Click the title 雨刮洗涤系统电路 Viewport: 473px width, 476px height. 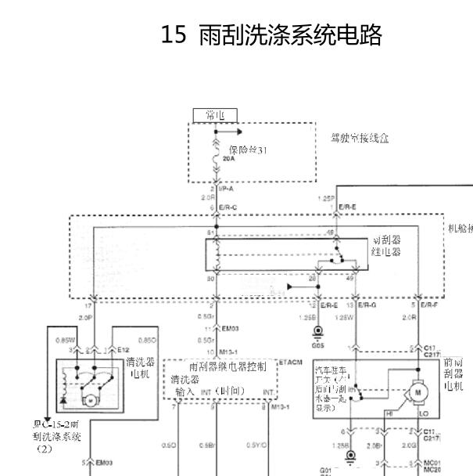click(290, 35)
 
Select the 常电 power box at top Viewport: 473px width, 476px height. click(215, 116)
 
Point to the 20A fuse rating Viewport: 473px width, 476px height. click(228, 158)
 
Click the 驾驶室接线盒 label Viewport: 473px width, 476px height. click(360, 138)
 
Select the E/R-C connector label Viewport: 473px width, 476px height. click(228, 207)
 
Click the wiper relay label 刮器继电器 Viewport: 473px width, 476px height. click(386, 247)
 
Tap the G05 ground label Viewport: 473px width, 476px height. click(317, 344)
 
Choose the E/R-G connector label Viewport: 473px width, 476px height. click(367, 305)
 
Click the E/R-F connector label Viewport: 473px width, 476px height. click(429, 305)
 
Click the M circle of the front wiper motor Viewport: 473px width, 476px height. click(417, 390)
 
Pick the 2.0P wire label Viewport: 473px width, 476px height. click(87, 317)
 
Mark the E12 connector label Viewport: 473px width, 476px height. click(124, 350)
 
